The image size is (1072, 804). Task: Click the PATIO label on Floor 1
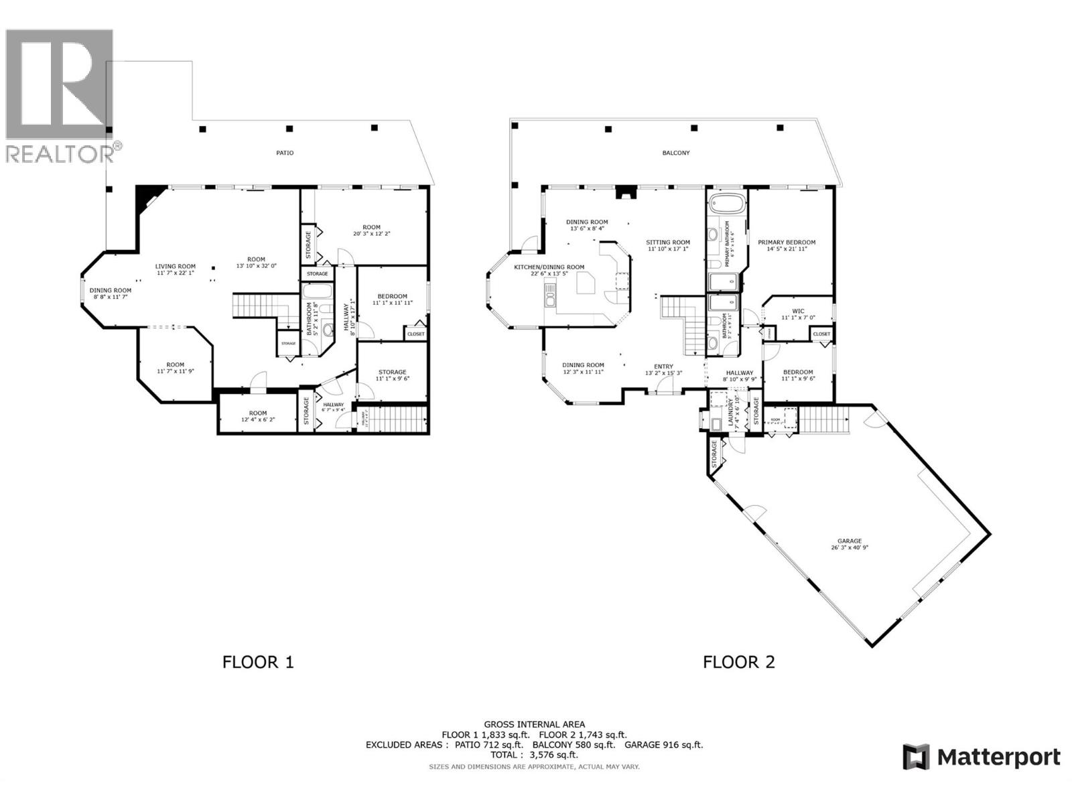click(285, 153)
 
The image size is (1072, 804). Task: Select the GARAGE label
click(849, 541)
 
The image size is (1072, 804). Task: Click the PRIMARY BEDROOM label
click(787, 243)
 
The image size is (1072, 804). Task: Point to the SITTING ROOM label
click(668, 243)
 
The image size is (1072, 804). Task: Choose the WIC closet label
click(798, 311)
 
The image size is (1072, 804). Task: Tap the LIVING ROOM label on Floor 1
click(176, 267)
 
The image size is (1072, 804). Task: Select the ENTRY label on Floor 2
click(663, 366)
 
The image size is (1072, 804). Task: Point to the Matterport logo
click(982, 757)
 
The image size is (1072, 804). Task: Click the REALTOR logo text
click(60, 153)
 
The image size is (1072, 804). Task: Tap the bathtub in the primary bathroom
click(726, 204)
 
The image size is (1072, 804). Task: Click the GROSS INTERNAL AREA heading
click(534, 724)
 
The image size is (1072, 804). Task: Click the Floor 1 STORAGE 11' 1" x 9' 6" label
click(392, 375)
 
